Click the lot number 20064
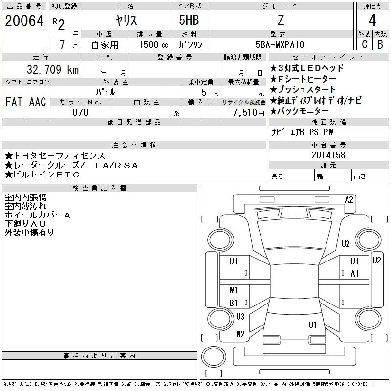click(x=24, y=21)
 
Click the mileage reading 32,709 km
click(x=49, y=70)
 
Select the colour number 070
click(x=81, y=112)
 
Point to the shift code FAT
click(x=14, y=102)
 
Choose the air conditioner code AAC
click(x=38, y=102)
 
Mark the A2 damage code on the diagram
click(x=349, y=200)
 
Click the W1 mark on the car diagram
click(x=233, y=290)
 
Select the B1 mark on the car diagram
click(x=233, y=303)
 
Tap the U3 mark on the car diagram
click(x=240, y=317)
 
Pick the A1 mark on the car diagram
click(x=355, y=274)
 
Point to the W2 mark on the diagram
click(x=240, y=334)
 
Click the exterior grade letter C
click(x=365, y=44)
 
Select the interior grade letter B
click(x=380, y=44)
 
